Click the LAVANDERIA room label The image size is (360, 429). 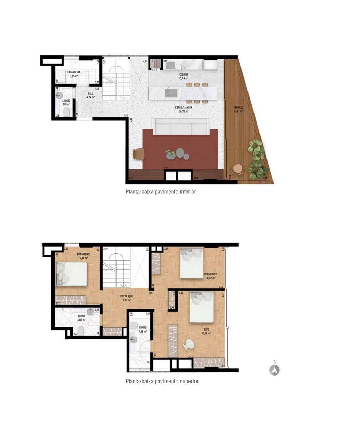click(x=74, y=72)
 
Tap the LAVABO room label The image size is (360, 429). click(x=66, y=101)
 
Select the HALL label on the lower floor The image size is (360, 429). click(x=91, y=94)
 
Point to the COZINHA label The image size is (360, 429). click(x=184, y=75)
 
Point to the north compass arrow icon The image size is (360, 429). click(x=275, y=370)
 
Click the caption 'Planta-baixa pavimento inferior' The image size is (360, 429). click(x=161, y=192)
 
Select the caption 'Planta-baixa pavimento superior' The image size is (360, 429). click(x=162, y=381)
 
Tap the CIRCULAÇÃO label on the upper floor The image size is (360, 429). click(x=127, y=296)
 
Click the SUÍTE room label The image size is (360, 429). click(x=206, y=329)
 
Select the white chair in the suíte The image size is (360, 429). click(x=189, y=345)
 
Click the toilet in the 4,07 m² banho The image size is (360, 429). click(x=80, y=330)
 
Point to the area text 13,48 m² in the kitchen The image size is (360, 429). click(x=184, y=78)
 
